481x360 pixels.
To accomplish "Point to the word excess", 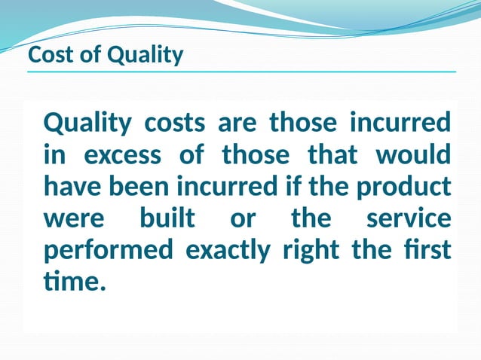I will (122, 155).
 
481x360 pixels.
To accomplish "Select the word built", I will (167, 218).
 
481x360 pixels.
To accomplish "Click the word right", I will (311, 250).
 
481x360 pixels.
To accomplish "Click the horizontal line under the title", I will (241, 72).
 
